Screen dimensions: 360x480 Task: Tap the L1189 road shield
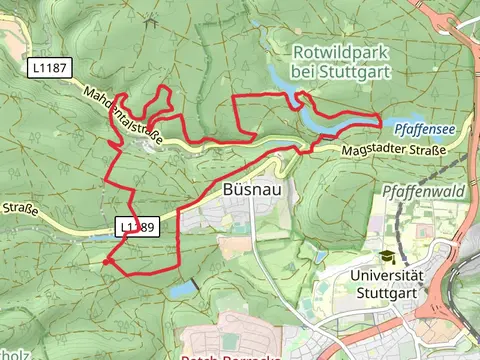[x=137, y=227]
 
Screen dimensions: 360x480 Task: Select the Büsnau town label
[x=245, y=190]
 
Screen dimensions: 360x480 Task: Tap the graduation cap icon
[x=387, y=258]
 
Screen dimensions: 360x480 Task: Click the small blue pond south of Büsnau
[x=183, y=290]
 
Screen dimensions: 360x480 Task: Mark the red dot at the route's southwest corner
[x=105, y=261]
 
